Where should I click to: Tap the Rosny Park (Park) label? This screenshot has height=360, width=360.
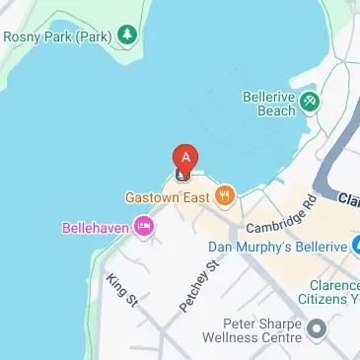pyautogui.click(x=57, y=36)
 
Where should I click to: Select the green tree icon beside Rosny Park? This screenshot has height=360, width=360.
pyautogui.click(x=125, y=36)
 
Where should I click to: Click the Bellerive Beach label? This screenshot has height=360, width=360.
pyautogui.click(x=269, y=104)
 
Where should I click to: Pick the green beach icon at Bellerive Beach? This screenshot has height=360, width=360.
pyautogui.click(x=311, y=101)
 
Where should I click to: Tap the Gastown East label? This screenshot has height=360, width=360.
pyautogui.click(x=168, y=195)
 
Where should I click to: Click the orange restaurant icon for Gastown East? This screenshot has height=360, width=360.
pyautogui.click(x=225, y=194)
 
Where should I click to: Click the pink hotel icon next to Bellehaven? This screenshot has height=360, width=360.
pyautogui.click(x=146, y=227)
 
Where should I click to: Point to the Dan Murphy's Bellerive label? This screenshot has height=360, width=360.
pyautogui.click(x=278, y=246)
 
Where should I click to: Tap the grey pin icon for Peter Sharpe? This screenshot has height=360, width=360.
pyautogui.click(x=317, y=327)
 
